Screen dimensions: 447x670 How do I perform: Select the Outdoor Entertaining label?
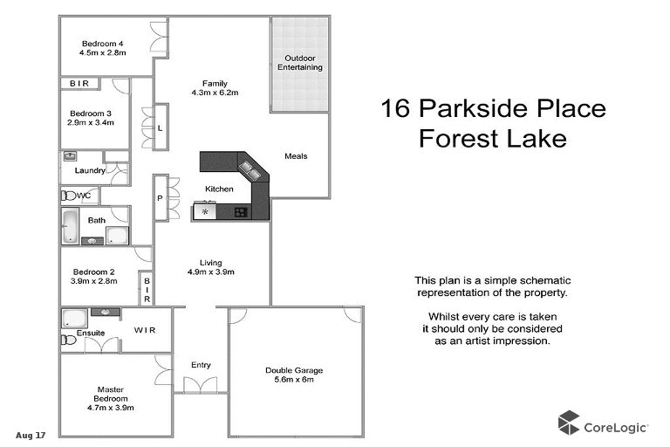click(x=300, y=62)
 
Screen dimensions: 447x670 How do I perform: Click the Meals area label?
click(x=296, y=156)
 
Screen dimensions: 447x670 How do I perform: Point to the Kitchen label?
click(x=219, y=189)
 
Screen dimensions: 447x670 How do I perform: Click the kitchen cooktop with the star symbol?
click(x=206, y=211)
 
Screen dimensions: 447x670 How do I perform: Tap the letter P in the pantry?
click(x=161, y=198)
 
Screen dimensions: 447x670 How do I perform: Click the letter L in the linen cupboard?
click(x=161, y=128)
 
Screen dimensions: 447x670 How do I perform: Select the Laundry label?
click(x=90, y=170)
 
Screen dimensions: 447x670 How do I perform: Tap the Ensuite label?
click(x=91, y=333)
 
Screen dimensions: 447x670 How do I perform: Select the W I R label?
click(x=145, y=330)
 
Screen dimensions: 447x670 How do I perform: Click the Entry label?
click(x=201, y=365)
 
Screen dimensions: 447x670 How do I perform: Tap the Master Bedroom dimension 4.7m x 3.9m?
click(x=110, y=407)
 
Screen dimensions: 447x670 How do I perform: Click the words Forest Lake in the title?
click(x=493, y=138)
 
